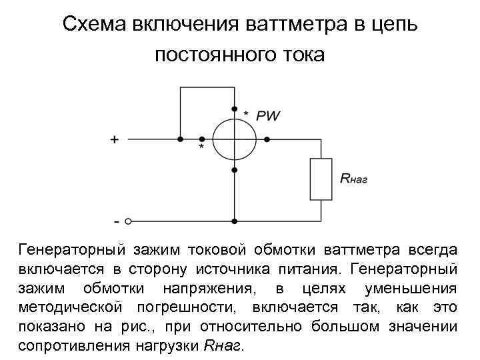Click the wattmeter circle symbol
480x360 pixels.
tap(234, 140)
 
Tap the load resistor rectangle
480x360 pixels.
tap(321, 179)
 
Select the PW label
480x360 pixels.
tap(268, 115)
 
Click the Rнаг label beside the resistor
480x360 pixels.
tap(354, 179)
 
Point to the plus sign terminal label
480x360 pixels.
tap(115, 140)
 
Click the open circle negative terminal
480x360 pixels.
tap(129, 221)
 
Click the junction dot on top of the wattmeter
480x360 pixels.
tap(234, 109)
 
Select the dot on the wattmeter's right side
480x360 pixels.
tap(267, 140)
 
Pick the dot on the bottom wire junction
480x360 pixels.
tap(234, 221)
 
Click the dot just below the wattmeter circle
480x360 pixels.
tap(234, 171)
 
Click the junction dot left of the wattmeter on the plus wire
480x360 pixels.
tap(180, 140)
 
